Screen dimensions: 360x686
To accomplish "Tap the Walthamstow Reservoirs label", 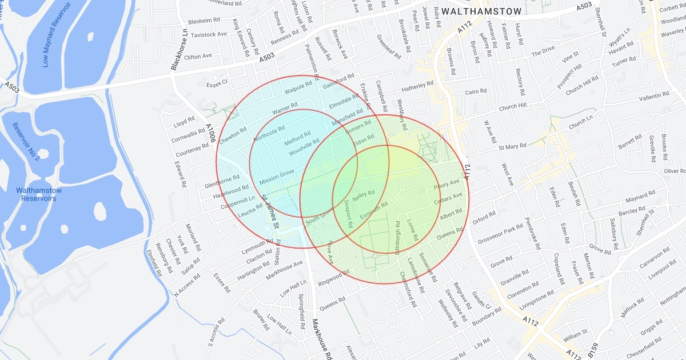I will [x=38, y=194].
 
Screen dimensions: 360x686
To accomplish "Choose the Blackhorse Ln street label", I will [x=181, y=51].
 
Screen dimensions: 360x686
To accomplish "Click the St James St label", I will [x=270, y=211].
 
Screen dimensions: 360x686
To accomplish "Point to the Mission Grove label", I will [x=277, y=177].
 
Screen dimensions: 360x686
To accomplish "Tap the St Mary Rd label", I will [x=512, y=147].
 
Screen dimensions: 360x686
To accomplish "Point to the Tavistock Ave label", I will [x=209, y=34].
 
